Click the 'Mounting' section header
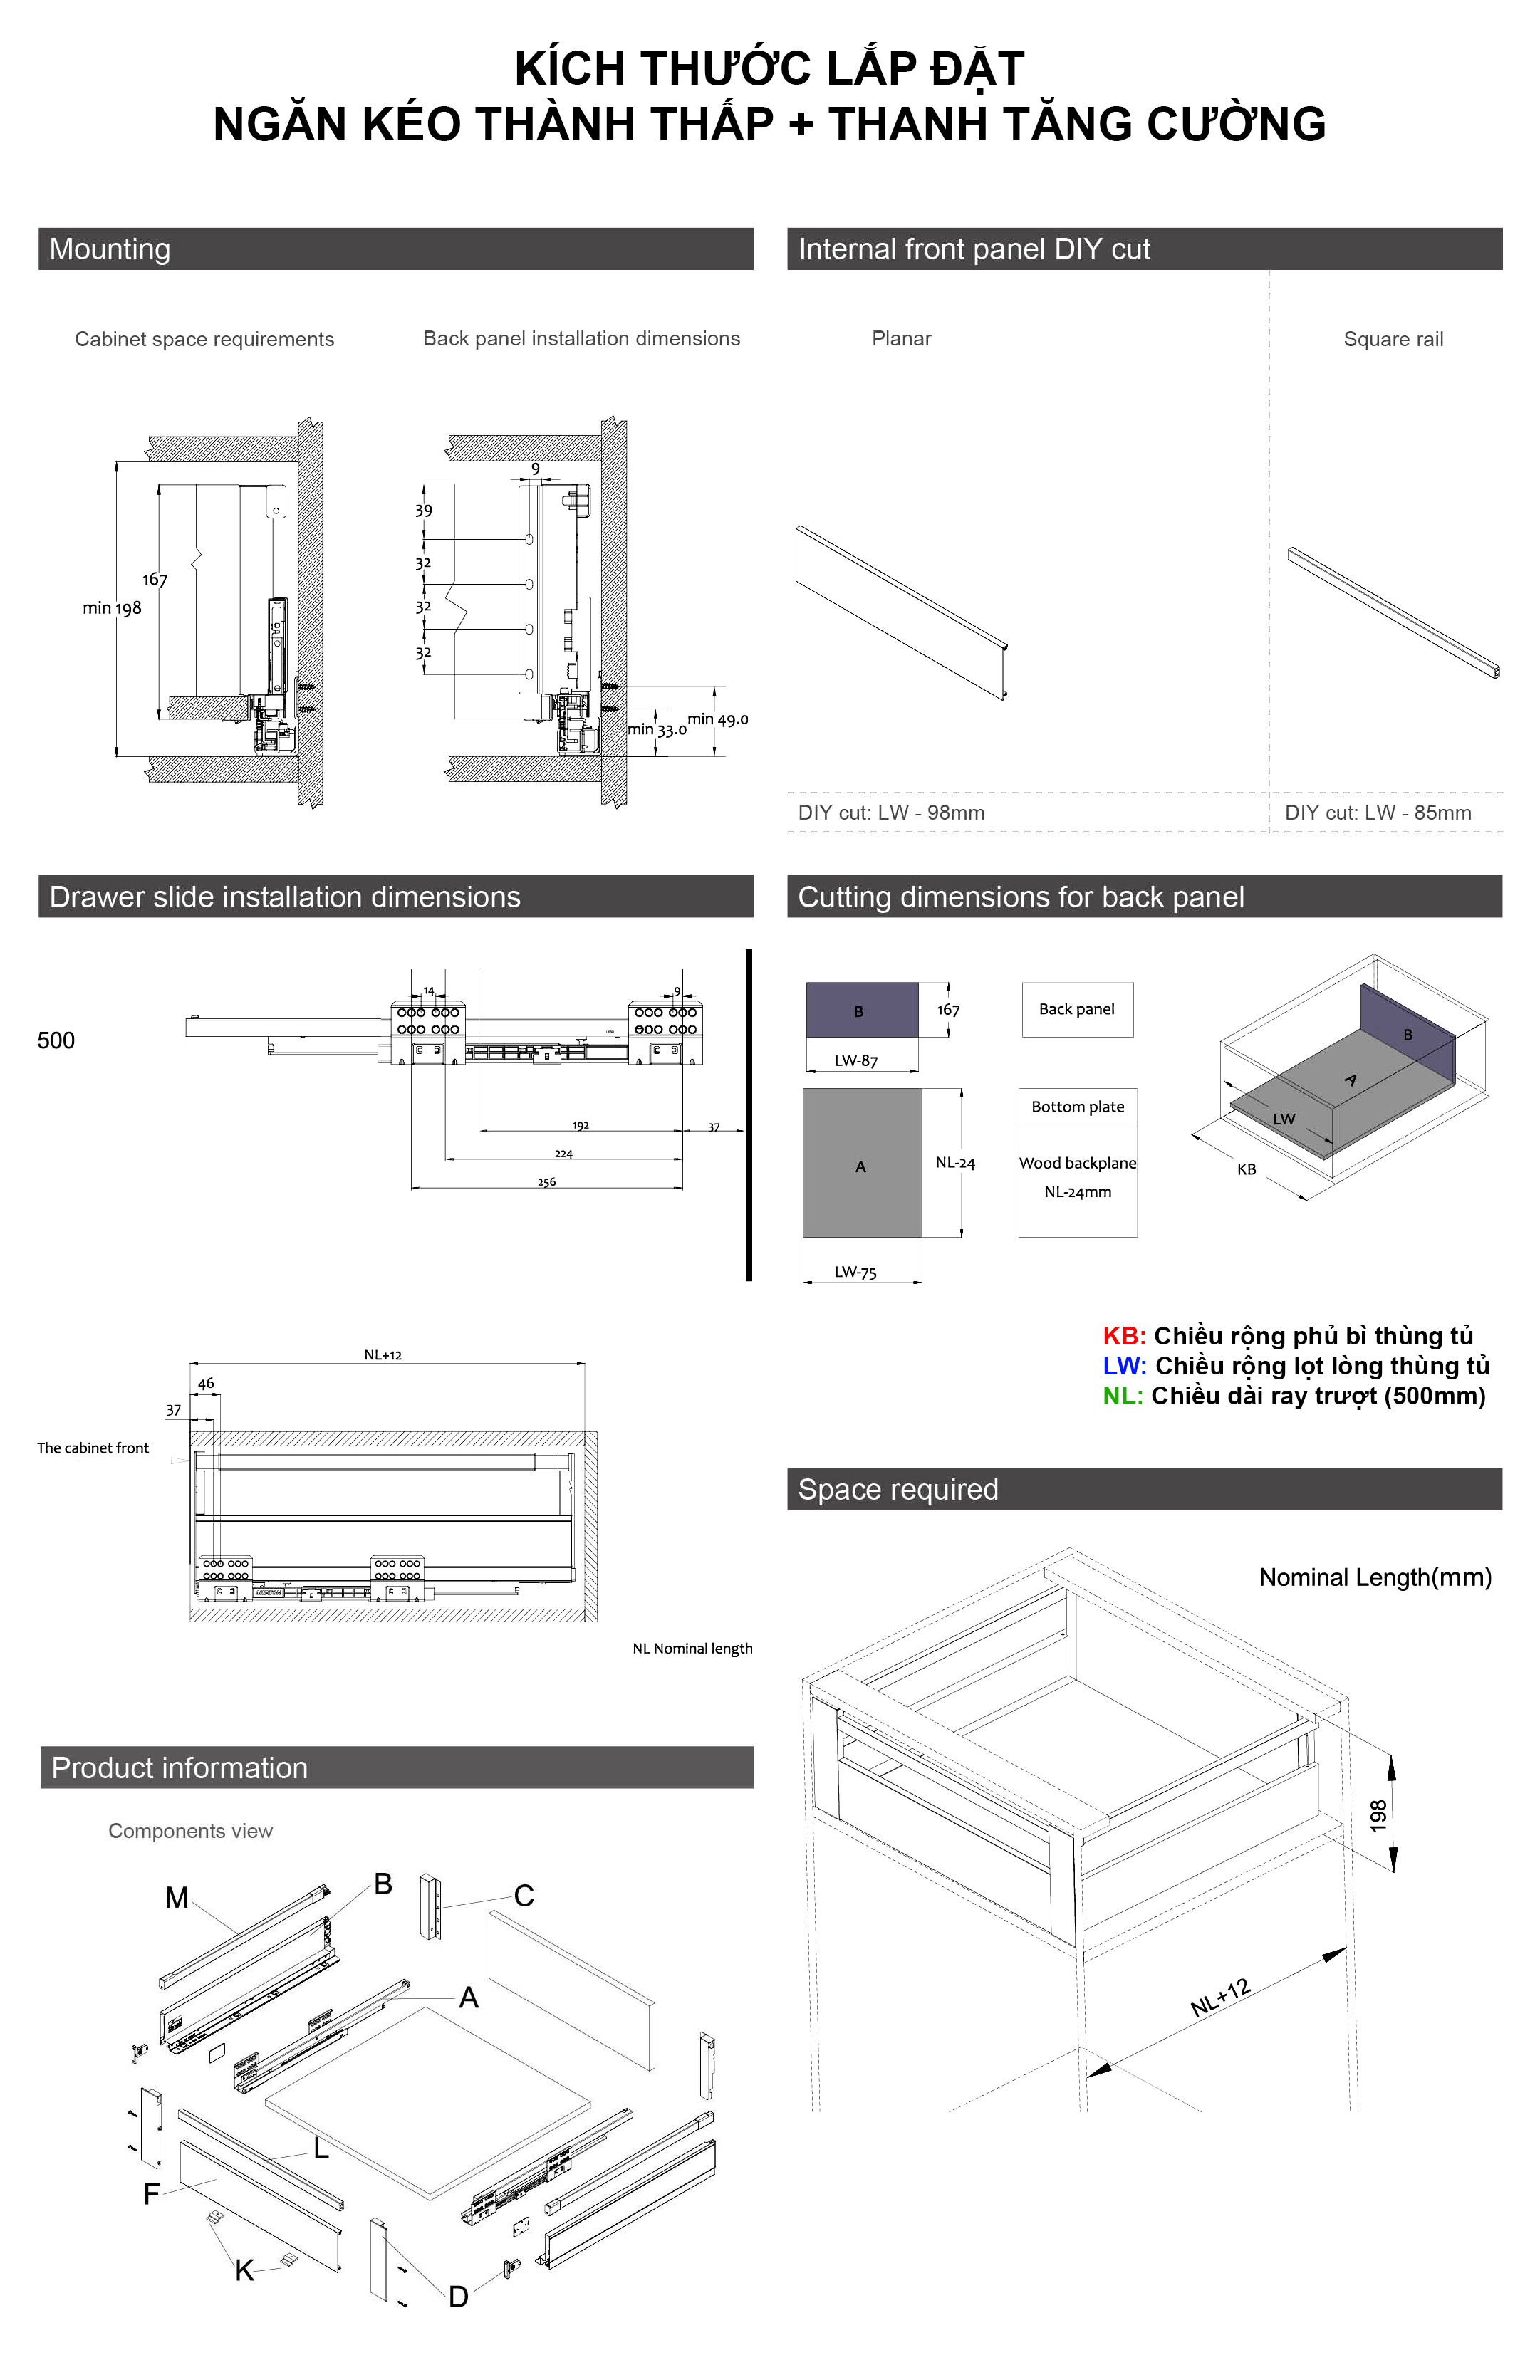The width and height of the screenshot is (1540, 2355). tap(110, 249)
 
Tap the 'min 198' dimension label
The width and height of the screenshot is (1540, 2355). tap(112, 607)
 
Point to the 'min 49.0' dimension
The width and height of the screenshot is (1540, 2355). tap(717, 719)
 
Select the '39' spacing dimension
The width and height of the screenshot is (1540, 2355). tap(424, 511)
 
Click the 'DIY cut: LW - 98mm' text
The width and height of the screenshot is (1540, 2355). tap(891, 813)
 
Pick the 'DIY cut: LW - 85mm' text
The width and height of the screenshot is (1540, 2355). tap(1377, 813)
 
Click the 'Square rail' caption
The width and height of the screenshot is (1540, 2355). tap(1393, 340)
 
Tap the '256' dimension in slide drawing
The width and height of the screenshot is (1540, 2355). tap(546, 1181)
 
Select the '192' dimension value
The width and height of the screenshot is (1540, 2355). tap(580, 1125)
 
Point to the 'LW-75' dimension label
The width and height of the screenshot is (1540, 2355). tap(855, 1273)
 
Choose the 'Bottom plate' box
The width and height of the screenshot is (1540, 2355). tap(1077, 1106)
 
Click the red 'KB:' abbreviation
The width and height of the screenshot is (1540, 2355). tap(1123, 1336)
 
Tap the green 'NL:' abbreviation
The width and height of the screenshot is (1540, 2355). tap(1123, 1396)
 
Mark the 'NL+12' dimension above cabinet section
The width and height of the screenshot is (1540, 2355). tap(383, 1354)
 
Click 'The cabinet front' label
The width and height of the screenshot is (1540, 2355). tap(93, 1448)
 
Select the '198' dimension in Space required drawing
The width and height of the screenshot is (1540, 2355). tap(1378, 1814)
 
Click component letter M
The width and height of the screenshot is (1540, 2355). tap(176, 1897)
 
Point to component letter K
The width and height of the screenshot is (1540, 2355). tap(244, 2271)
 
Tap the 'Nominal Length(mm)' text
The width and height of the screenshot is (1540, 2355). tap(1374, 1577)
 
